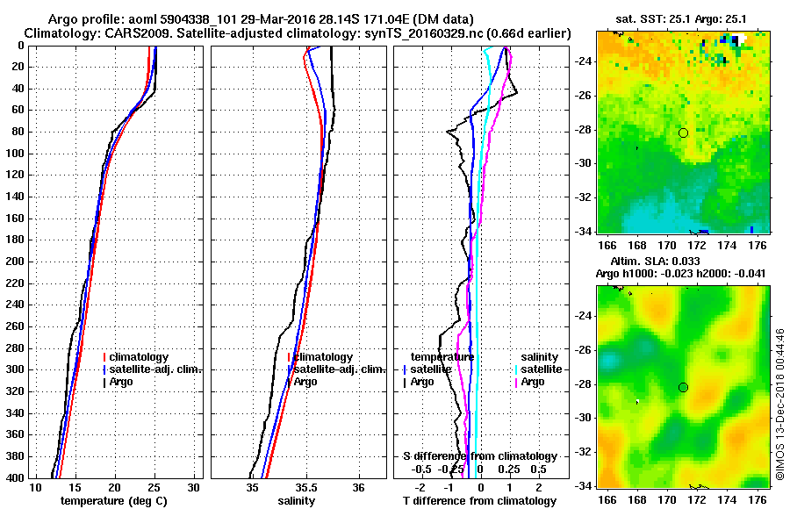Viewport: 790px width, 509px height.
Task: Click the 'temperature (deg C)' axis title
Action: (112, 501)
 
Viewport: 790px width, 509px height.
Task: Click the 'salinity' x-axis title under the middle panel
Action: (297, 501)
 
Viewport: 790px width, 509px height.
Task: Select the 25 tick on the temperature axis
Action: (154, 487)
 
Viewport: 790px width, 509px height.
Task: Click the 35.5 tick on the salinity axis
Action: (305, 487)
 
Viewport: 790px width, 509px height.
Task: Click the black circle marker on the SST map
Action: (683, 133)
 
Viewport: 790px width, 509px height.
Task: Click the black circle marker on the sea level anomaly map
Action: (683, 387)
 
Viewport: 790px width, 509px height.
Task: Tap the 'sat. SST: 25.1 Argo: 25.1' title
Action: (681, 19)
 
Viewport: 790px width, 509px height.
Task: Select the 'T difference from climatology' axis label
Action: (479, 501)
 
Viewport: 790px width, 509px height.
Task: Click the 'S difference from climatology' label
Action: (479, 456)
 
